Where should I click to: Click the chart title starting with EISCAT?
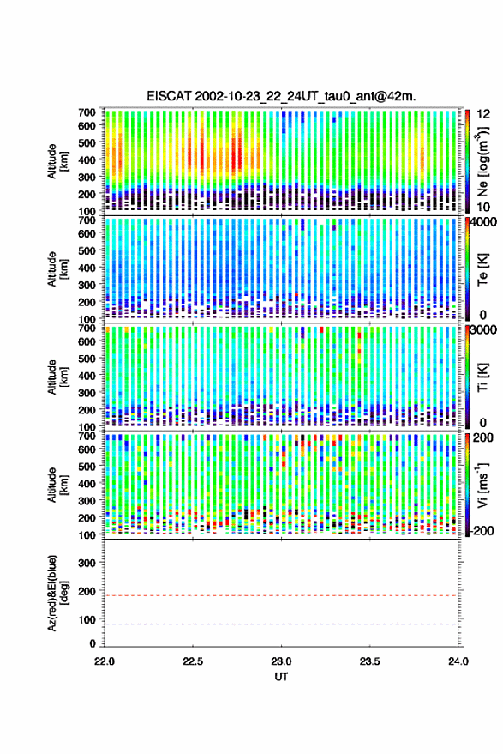tap(282, 96)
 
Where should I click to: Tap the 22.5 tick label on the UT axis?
tap(193, 661)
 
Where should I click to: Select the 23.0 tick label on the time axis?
tap(281, 661)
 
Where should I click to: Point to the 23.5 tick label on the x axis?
tap(369, 661)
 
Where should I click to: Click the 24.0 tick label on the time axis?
tap(458, 661)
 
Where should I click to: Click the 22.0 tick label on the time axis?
tap(105, 661)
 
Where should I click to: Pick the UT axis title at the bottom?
tap(281, 677)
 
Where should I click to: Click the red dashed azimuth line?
tap(281, 595)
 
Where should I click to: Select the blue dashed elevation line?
tap(281, 624)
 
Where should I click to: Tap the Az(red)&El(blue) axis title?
tap(57, 594)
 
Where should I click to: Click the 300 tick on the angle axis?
tap(87, 563)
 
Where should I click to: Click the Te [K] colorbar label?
tap(482, 269)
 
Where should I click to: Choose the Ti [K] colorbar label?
tap(482, 377)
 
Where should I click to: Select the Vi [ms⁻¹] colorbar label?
tap(482, 485)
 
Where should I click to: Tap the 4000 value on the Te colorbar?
tap(482, 223)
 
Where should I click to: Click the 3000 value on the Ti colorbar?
tap(482, 330)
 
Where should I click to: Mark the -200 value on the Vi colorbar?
tap(482, 530)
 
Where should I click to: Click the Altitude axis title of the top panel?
tap(57, 161)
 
